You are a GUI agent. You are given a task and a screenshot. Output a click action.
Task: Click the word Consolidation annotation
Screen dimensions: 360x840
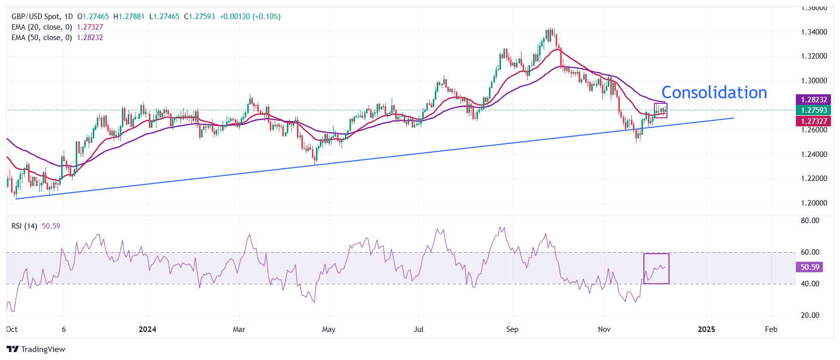pos(714,93)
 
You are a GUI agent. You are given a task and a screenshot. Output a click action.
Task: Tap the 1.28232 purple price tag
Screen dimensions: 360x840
pos(813,100)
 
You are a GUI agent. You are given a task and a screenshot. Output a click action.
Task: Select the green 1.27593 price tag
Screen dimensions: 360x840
pos(813,110)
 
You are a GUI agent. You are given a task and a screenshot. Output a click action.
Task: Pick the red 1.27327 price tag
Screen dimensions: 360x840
pos(813,121)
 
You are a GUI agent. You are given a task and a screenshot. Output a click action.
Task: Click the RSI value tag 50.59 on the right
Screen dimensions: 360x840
pos(809,267)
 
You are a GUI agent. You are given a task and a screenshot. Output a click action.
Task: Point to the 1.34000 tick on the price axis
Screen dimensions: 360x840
pos(814,32)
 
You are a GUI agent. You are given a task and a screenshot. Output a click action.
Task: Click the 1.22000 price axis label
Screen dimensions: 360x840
pos(814,178)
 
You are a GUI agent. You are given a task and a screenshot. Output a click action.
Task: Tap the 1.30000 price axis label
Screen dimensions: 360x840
pos(814,81)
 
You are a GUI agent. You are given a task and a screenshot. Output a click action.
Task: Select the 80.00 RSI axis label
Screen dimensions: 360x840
pos(810,221)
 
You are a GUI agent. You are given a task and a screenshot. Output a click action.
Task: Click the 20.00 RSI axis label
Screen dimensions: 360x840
pos(810,315)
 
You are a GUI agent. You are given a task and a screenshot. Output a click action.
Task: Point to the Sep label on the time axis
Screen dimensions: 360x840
pos(512,329)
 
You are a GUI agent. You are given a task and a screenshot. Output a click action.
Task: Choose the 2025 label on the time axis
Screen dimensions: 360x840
pos(706,329)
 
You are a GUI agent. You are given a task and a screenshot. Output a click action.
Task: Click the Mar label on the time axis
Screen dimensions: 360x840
pos(239,329)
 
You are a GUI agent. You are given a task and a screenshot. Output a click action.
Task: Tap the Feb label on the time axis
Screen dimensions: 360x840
pos(771,329)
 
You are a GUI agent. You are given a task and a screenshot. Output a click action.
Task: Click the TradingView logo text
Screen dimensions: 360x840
pos(43,349)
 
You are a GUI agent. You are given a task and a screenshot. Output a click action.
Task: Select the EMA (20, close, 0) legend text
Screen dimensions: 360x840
pos(42,27)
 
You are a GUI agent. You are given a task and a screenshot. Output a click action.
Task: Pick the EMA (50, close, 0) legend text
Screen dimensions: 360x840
pos(42,38)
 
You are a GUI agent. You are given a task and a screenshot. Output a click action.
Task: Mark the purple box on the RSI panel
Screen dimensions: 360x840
pos(656,269)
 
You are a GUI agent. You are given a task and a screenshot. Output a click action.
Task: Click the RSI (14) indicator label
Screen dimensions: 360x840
pos(24,226)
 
